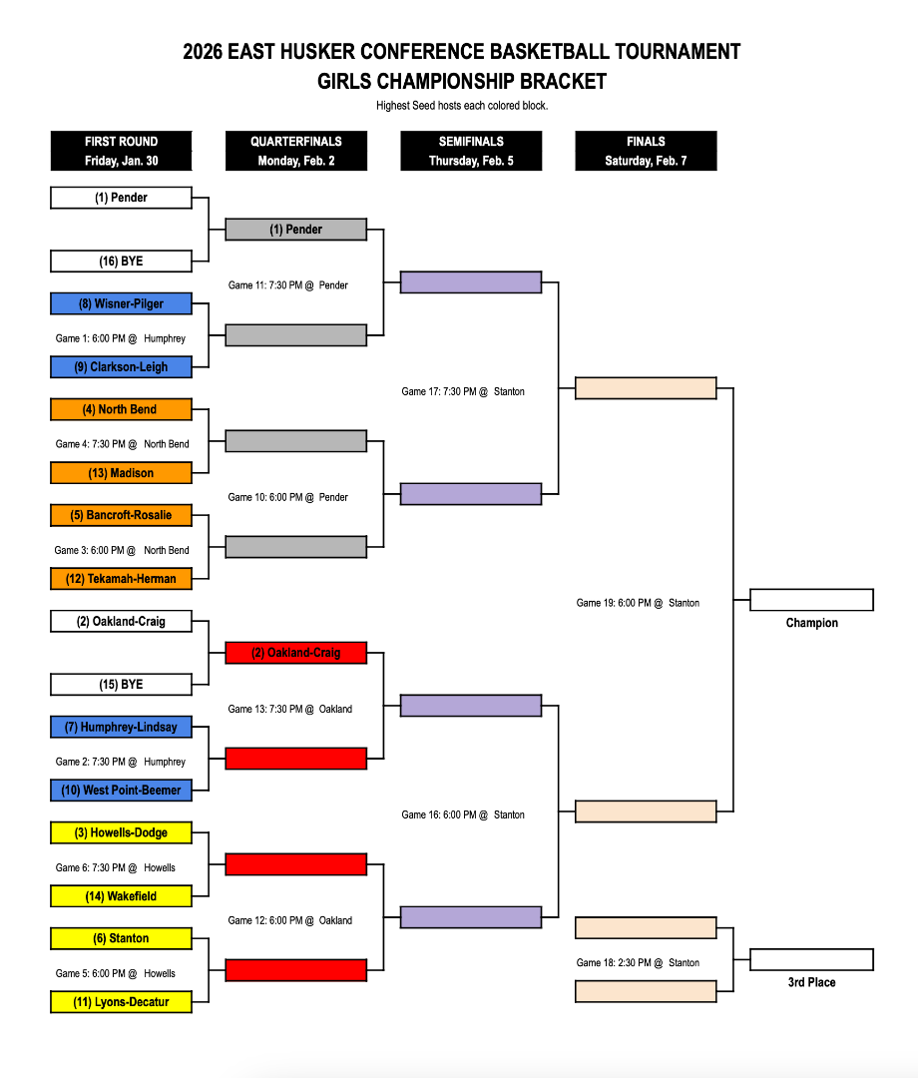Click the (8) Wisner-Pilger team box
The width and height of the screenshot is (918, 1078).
click(121, 303)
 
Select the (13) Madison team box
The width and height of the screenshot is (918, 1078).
click(121, 473)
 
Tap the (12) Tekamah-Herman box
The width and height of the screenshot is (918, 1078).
click(121, 579)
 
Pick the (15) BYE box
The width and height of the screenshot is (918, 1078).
click(121, 685)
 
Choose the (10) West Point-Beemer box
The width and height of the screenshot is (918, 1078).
click(121, 791)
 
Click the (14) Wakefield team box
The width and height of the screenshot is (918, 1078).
click(121, 896)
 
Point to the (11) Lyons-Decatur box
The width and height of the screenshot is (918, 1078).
click(121, 1002)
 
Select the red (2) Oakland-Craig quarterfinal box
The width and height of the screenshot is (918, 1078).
click(296, 653)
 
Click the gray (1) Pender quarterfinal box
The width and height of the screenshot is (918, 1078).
click(296, 230)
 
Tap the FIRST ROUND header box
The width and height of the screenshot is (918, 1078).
click(121, 151)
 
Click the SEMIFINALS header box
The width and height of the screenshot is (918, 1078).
click(471, 151)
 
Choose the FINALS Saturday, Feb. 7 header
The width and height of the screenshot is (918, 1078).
click(646, 151)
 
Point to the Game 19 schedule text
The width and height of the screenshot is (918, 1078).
click(638, 603)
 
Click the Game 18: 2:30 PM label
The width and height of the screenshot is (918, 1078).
click(638, 963)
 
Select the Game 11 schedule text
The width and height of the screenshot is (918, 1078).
click(288, 285)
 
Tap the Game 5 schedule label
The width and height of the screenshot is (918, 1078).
click(116, 973)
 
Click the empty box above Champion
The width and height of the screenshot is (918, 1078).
click(811, 600)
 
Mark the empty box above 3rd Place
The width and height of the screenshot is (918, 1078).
click(811, 960)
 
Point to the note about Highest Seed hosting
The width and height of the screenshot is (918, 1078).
click(462, 106)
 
